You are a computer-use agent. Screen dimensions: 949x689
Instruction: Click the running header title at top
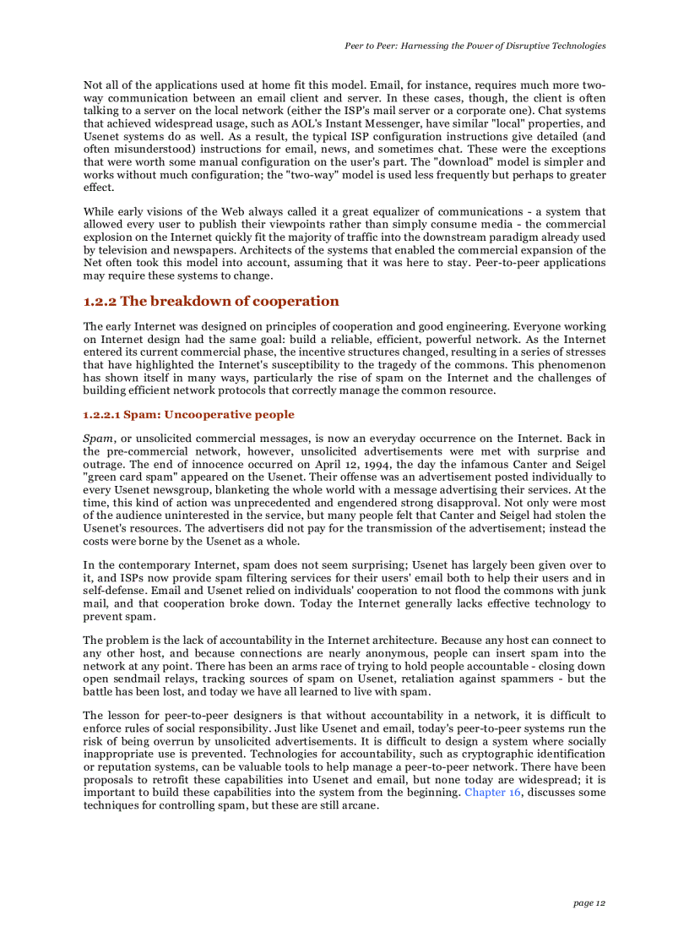click(475, 45)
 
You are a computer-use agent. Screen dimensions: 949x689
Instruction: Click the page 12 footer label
click(589, 903)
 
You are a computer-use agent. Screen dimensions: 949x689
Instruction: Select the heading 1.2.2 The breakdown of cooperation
click(211, 302)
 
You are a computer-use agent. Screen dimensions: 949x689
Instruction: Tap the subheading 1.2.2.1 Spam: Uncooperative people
click(188, 415)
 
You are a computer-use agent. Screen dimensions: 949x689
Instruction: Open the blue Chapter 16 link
click(492, 793)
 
